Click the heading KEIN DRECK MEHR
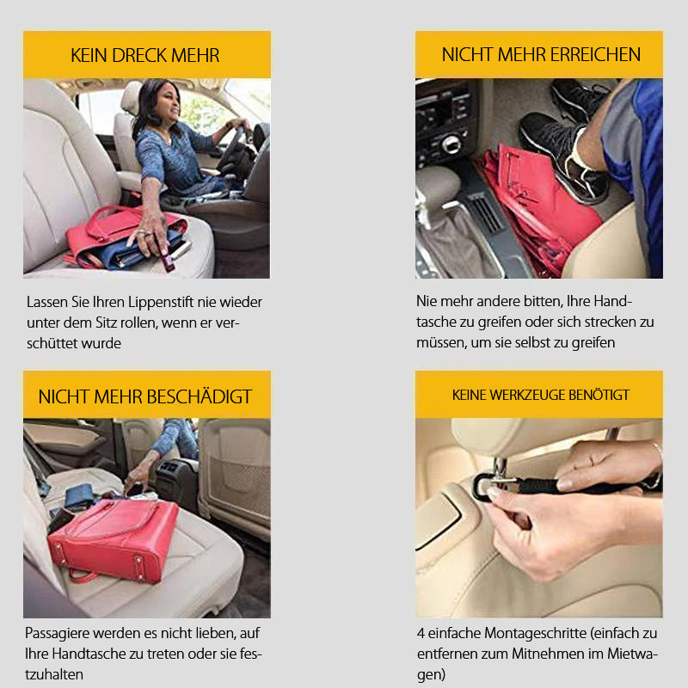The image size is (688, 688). coord(145,56)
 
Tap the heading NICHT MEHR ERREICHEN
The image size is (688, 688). coord(541,55)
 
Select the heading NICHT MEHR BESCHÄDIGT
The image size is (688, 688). coord(145,396)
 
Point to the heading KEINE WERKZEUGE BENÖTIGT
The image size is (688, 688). coord(541,395)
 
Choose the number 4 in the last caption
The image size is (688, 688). coord(421,633)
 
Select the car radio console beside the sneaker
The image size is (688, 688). coord(443,120)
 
